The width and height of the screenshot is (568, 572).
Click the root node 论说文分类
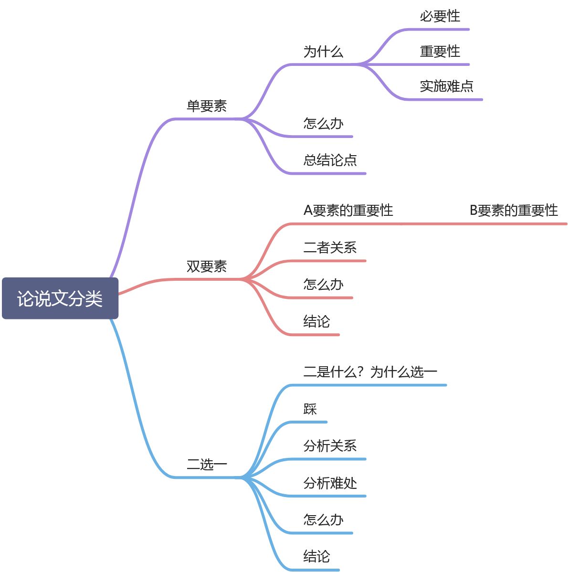point(60,298)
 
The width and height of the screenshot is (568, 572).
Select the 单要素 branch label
point(207,106)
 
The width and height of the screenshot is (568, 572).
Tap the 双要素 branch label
point(207,266)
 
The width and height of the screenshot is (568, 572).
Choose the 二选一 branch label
point(207,464)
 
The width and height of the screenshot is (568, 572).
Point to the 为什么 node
point(323,52)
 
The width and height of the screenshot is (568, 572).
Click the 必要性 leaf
point(440,17)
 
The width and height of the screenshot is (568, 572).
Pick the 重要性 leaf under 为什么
point(440,52)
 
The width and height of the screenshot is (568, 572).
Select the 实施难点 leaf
point(446,86)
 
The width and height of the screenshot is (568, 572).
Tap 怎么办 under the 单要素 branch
point(323,124)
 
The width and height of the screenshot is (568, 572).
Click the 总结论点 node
point(330,160)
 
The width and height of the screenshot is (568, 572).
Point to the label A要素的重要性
point(348,211)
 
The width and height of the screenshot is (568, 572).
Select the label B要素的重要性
point(514,211)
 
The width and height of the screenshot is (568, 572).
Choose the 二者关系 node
point(330,248)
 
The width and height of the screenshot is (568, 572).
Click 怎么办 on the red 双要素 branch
point(323,285)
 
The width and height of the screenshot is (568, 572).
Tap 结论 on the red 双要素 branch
point(316,322)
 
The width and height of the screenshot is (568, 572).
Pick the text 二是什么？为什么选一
point(370,372)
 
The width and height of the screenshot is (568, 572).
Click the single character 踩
point(310,409)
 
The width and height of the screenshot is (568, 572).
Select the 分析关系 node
point(330,446)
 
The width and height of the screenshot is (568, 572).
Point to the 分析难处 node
point(330,483)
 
